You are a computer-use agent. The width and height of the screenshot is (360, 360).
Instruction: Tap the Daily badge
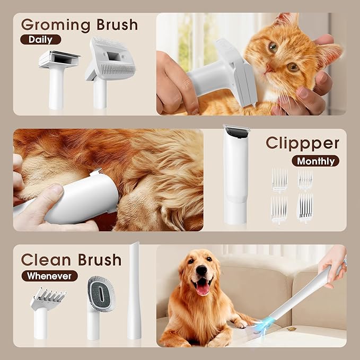(40, 39)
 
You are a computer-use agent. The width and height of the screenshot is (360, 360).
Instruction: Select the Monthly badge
(315, 161)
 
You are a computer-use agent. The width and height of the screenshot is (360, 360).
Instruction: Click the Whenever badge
(49, 276)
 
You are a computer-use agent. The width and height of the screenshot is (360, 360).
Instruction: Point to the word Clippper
(302, 143)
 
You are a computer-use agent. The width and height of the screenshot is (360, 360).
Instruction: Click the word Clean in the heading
(47, 260)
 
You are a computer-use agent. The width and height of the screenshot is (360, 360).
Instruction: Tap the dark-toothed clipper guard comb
(305, 207)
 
